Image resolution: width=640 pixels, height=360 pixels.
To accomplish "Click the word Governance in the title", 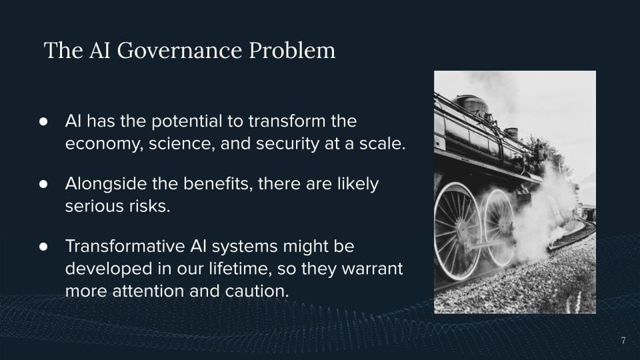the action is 179,50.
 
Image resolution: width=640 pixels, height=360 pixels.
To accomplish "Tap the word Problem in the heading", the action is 292,50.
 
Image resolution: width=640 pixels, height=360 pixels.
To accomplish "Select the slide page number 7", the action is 623,340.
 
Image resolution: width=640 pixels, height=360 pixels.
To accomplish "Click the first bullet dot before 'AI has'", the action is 43,121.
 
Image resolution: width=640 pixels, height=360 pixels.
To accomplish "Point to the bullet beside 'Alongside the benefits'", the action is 43,184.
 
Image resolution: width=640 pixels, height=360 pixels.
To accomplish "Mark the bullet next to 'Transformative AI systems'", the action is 43,247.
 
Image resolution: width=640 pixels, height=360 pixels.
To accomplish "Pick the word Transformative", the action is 125,246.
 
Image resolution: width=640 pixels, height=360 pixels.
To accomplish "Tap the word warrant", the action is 372,269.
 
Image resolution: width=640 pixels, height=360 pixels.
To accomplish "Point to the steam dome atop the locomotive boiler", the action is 472,105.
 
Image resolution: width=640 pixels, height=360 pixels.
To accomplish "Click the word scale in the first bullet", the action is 383,144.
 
